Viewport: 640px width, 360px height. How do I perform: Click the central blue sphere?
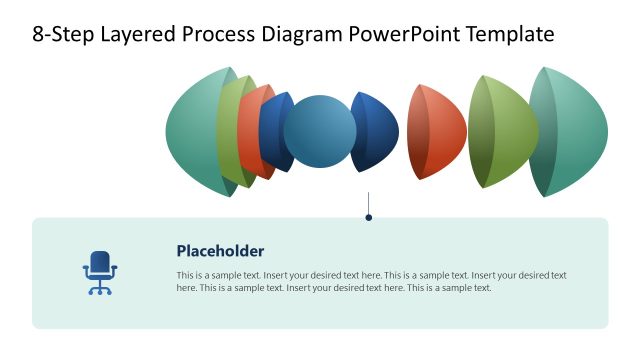point(320,132)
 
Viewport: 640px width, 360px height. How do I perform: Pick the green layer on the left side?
point(227,132)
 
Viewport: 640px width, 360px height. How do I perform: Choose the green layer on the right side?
point(505,132)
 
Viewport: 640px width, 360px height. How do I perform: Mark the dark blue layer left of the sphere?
point(272,132)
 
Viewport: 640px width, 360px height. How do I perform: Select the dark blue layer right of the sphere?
point(378,132)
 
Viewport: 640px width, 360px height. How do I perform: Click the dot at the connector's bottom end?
point(369,217)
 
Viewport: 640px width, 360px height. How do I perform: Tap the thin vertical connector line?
point(369,202)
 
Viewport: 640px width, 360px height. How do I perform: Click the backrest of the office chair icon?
point(99,262)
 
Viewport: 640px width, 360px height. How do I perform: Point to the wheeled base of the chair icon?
point(99,289)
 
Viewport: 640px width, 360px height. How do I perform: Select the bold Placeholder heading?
point(220,251)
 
